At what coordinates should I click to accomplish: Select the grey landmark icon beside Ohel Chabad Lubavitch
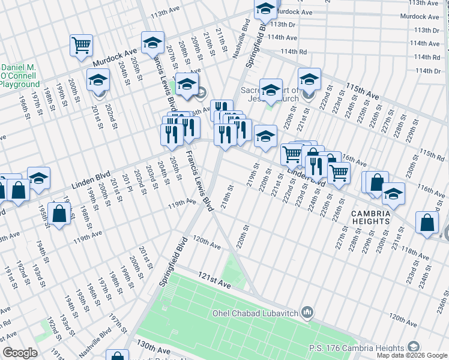pyautogui.click(x=307, y=311)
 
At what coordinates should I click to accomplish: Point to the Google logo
pyautogui.click(x=20, y=353)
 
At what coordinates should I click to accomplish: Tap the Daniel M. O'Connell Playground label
pyautogui.click(x=20, y=75)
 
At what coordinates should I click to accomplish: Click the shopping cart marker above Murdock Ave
pyautogui.click(x=81, y=45)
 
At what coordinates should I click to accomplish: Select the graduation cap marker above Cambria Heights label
pyautogui.click(x=393, y=193)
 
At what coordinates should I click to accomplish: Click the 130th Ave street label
pyautogui.click(x=153, y=349)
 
